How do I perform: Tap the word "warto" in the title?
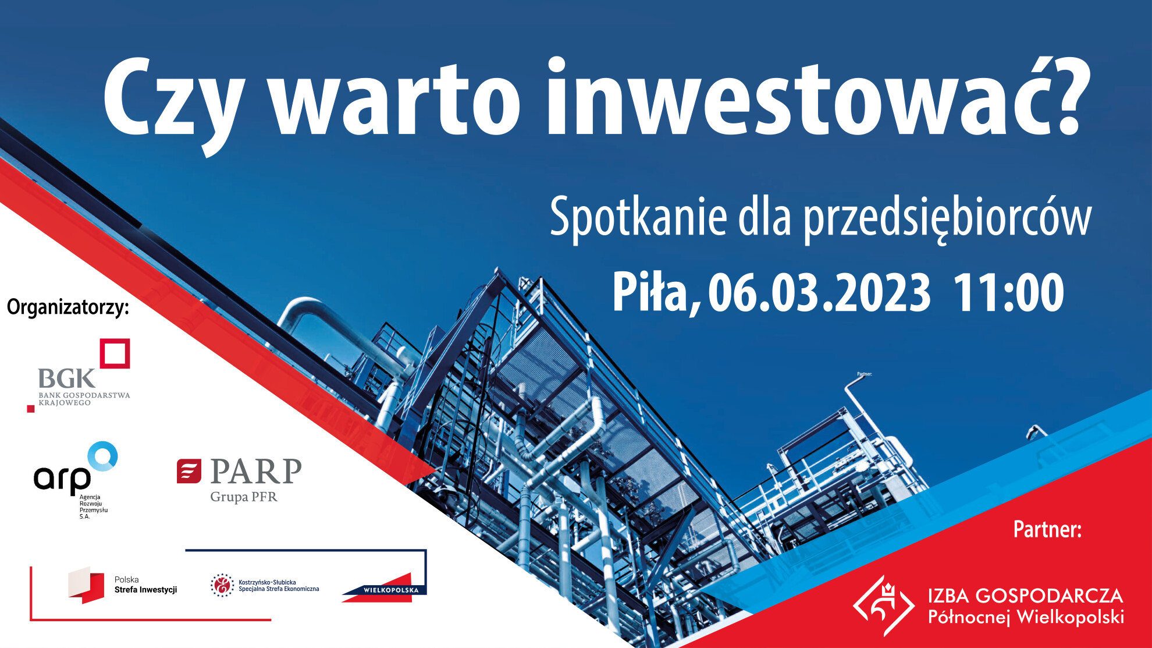(396, 99)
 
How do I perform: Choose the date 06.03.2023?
(819, 293)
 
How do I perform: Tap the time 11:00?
(1008, 293)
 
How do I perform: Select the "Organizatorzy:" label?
(67, 307)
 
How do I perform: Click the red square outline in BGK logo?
(115, 353)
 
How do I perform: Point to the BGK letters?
(66, 378)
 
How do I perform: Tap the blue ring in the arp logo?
(103, 456)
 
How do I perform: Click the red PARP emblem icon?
(189, 471)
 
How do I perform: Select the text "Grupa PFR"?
(244, 497)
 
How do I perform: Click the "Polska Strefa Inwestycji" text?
(145, 585)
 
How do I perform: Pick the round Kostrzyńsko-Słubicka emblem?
(222, 585)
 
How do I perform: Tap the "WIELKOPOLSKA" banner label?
(391, 590)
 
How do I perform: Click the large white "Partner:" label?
(1047, 529)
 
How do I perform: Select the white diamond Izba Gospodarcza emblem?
(883, 605)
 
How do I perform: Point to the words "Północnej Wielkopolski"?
(1026, 617)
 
